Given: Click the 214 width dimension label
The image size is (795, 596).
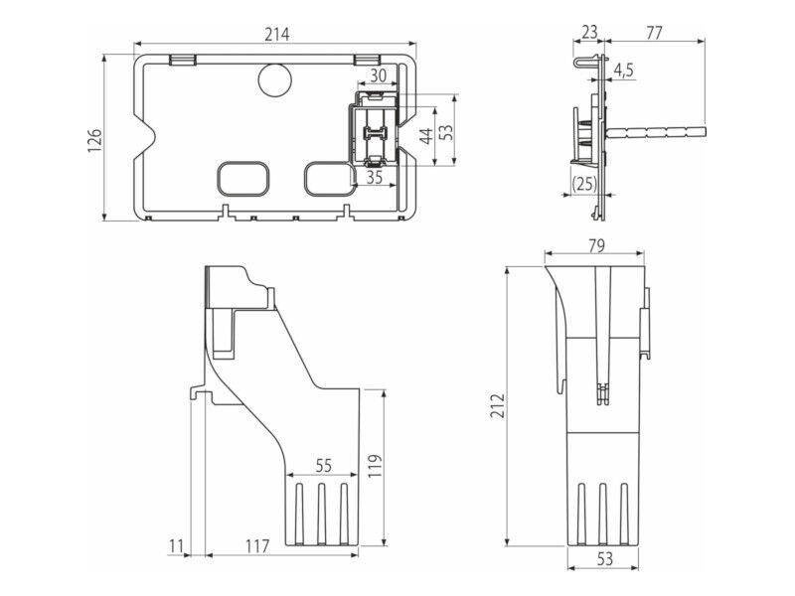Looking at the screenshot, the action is coord(277,35).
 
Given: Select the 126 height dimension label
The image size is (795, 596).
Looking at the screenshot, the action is coord(94,140).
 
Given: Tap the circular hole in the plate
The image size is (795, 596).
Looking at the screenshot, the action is coord(275,80).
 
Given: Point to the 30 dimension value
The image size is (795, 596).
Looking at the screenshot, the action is coord(378,75).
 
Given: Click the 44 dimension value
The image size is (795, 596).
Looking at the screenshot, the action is coord(427,136).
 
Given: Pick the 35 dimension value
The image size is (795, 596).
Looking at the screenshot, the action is coord(375,178).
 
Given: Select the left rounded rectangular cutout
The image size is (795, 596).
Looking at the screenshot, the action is coord(243,179).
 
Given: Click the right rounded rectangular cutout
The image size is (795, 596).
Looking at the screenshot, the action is coord(329,179).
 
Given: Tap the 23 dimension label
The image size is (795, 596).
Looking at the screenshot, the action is coord(589,33).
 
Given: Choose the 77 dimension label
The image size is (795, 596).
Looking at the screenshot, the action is coord(654,33).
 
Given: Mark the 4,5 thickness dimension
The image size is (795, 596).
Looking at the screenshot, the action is coord(624,70).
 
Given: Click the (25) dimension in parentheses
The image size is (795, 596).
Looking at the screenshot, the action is coord(584,183).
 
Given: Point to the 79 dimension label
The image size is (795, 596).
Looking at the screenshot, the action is coord(597,245).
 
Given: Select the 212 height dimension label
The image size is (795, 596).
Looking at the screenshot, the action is coord(498,405).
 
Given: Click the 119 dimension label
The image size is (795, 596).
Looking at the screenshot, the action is coord(375,466).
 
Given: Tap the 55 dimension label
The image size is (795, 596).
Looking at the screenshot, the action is coord(324,465).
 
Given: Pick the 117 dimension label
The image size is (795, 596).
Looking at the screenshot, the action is coord(257,546).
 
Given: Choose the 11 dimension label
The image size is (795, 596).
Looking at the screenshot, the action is coord(176,546).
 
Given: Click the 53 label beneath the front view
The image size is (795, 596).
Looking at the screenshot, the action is coord(605,558).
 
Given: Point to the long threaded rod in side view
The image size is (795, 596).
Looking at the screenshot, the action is coord(656,132).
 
